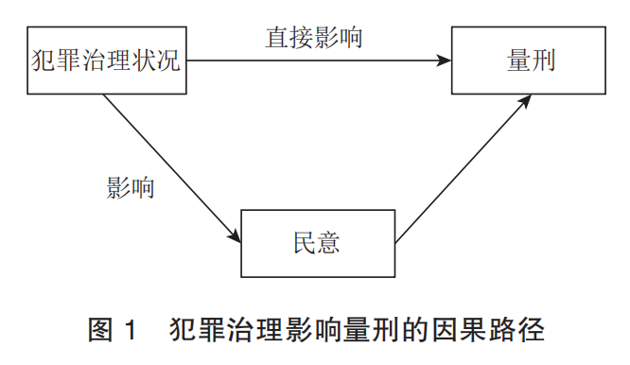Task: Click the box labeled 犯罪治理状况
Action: [104, 62]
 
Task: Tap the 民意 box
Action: [317, 243]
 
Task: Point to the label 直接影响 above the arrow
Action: [314, 39]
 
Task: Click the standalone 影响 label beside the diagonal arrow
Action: [130, 186]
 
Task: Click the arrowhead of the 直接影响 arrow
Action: [445, 61]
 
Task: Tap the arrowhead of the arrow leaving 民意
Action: [521, 100]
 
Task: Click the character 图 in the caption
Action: [100, 331]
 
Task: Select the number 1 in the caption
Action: [132, 331]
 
